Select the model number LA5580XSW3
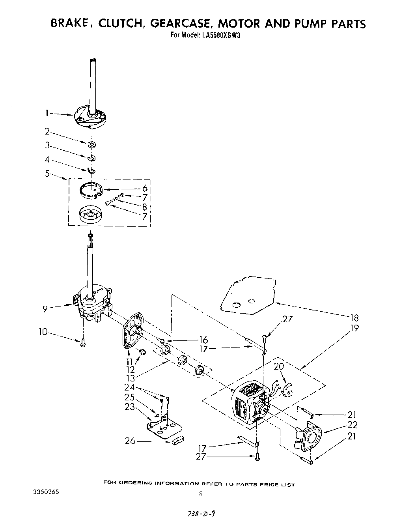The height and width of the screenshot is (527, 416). pyautogui.click(x=222, y=35)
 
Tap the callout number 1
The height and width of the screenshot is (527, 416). pyautogui.click(x=47, y=114)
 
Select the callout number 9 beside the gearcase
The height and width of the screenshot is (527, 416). pyautogui.click(x=46, y=309)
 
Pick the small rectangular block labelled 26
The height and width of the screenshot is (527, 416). pyautogui.click(x=178, y=440)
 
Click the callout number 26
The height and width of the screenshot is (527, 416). pyautogui.click(x=130, y=441)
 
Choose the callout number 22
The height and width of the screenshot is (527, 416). pyautogui.click(x=353, y=425)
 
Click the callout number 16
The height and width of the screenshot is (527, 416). pyautogui.click(x=203, y=340)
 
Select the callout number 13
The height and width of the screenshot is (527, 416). pyautogui.click(x=130, y=378)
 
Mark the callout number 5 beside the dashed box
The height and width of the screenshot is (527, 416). pyautogui.click(x=47, y=173)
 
